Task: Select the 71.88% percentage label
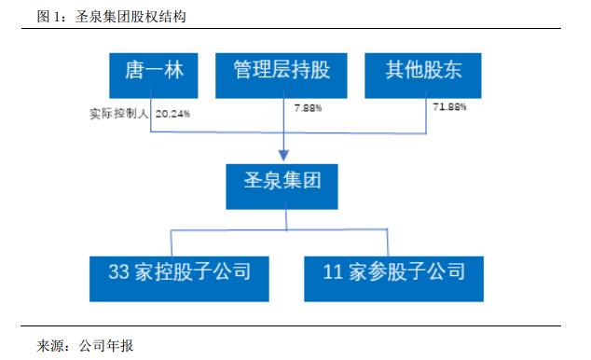click(448, 108)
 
